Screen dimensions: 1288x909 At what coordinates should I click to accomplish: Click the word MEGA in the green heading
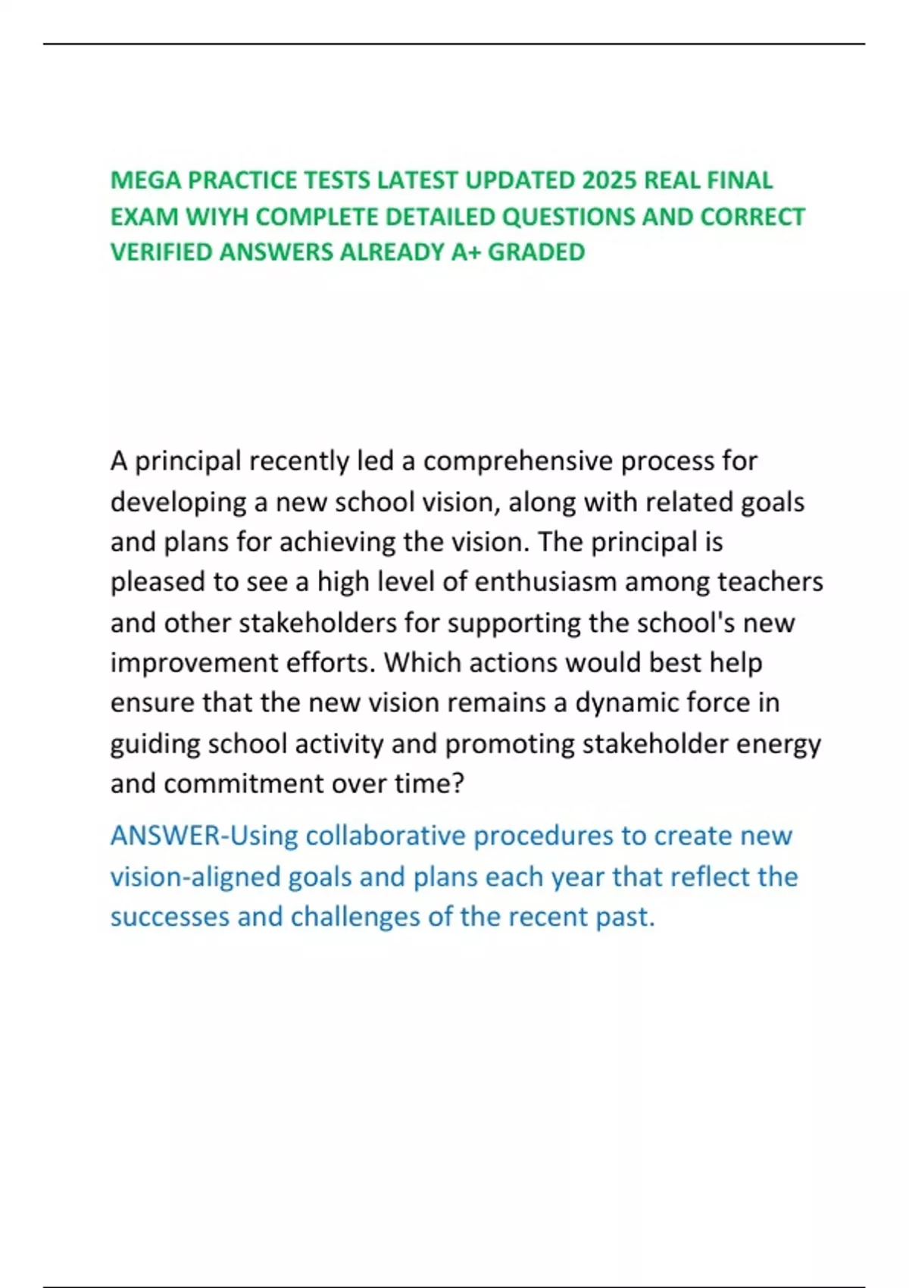(145, 180)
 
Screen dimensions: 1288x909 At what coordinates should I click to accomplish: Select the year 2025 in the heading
(609, 180)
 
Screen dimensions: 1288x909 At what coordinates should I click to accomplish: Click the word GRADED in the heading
(536, 252)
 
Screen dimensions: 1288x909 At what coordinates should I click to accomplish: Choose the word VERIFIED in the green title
(161, 252)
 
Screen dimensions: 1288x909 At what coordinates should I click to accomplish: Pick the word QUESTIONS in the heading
(568, 217)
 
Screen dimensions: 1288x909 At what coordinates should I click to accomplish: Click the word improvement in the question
(193, 663)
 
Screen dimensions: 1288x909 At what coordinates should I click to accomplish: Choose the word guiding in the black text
(155, 744)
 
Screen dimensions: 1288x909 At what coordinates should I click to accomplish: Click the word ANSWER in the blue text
(165, 836)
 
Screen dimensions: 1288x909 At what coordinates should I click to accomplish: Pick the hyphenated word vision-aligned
(195, 877)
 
